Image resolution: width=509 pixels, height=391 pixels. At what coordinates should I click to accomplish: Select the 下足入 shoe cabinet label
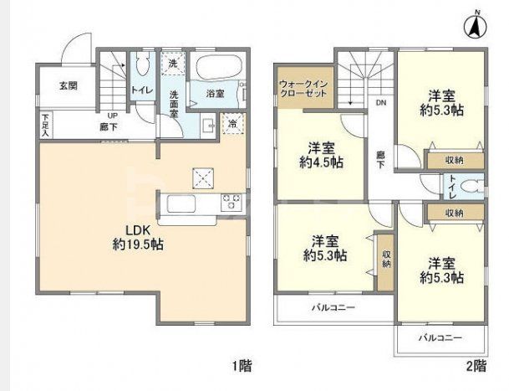click(44, 126)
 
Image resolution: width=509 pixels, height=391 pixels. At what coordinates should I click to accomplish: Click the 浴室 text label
click(215, 94)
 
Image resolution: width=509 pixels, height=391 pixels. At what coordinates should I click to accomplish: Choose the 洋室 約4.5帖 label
click(320, 155)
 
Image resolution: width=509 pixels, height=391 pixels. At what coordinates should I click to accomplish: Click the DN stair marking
click(380, 104)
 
